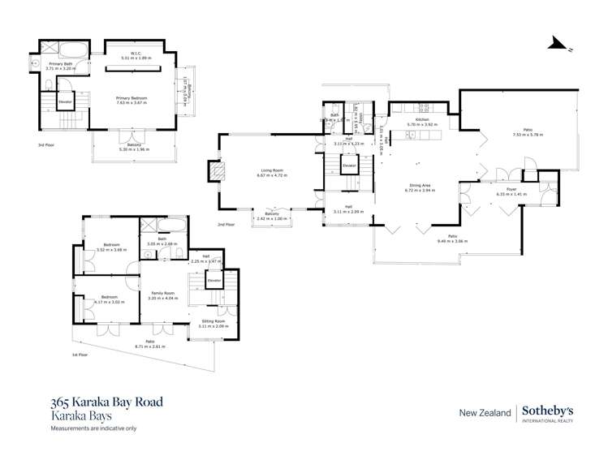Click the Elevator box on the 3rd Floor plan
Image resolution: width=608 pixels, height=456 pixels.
pos(65,102)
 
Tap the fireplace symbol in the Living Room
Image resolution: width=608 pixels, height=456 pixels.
pos(217,172)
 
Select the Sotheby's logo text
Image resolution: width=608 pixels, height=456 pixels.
pos(554,411)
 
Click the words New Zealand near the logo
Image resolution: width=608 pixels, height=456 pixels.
pos(484,412)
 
